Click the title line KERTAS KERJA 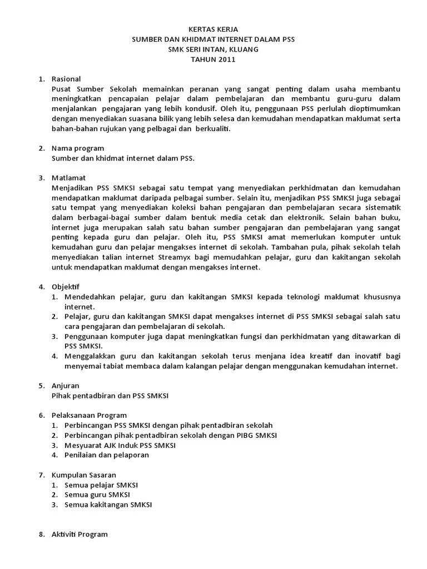[213, 29]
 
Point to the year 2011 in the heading [226, 60]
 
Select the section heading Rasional [66, 79]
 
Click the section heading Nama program [77, 148]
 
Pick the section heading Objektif [66, 287]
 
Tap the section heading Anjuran [65, 386]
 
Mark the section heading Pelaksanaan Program [89, 415]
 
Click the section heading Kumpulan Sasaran [85, 475]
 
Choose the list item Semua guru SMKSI [97, 495]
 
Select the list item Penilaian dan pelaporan [107, 455]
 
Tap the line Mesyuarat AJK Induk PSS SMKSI [120, 445]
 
